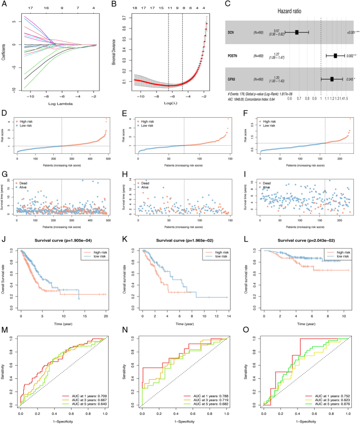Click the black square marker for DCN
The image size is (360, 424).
coord(297,32)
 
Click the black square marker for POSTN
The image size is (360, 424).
coord(335,56)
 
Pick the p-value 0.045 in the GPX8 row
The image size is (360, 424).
coord(349,79)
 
